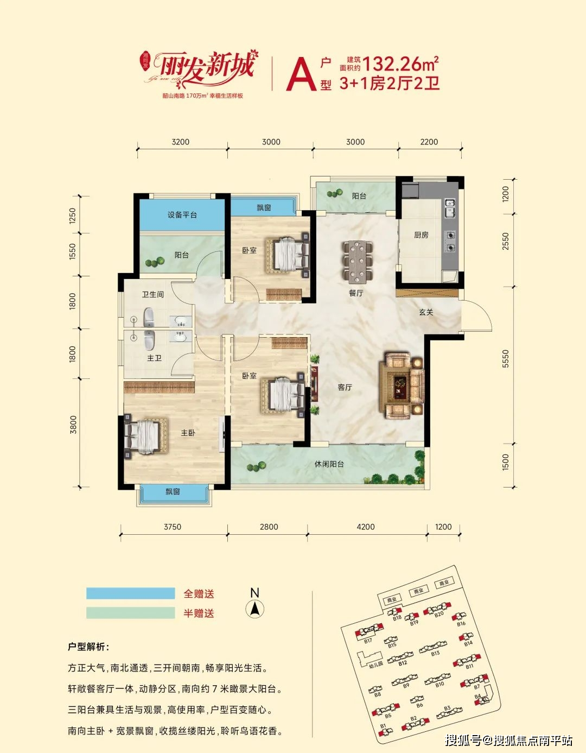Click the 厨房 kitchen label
421,235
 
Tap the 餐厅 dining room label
356,293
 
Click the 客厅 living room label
345,388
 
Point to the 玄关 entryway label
426,312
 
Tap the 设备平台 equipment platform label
182,215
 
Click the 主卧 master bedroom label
188,433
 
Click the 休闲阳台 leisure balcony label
329,464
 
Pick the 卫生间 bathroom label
152,294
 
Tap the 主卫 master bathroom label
154,358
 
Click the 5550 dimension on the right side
506,359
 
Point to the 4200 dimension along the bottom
366,527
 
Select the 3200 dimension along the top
180,142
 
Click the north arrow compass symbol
254,609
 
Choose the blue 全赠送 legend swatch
130,593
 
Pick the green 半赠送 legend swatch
130,613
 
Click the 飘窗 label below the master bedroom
173,492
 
